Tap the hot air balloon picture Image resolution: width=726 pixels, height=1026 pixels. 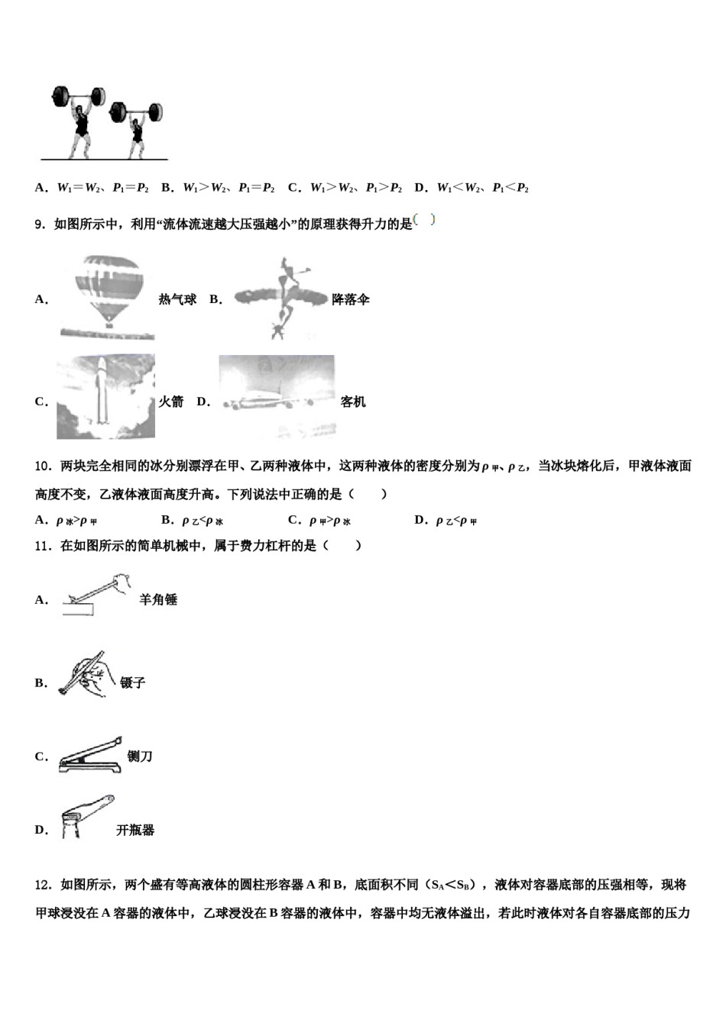pyautogui.click(x=108, y=296)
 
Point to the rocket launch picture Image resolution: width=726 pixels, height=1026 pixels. pyautogui.click(x=105, y=397)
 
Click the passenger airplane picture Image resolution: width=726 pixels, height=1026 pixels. pyautogui.click(x=276, y=397)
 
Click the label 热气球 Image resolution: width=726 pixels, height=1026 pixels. pyautogui.click(x=177, y=300)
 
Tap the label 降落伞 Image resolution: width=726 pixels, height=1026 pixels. pyautogui.click(x=351, y=300)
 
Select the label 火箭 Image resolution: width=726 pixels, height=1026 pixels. pyautogui.click(x=170, y=402)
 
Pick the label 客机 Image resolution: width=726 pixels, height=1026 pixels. pyautogui.click(x=353, y=402)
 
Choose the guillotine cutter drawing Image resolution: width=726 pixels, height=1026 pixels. pyautogui.click(x=90, y=756)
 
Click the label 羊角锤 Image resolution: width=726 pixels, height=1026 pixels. pyautogui.click(x=158, y=600)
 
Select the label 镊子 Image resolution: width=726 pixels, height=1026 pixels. pyautogui.click(x=133, y=682)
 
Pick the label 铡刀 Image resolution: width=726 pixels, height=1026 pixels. pyautogui.click(x=140, y=757)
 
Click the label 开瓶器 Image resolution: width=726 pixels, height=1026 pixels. pyautogui.click(x=135, y=830)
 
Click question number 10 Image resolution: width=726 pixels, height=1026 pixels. pyautogui.click(x=43, y=466)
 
